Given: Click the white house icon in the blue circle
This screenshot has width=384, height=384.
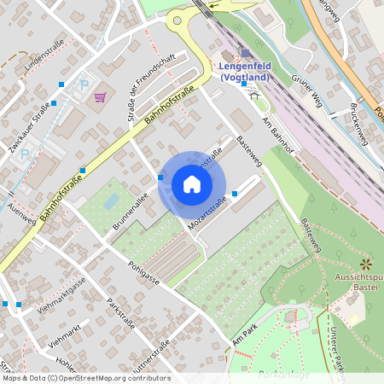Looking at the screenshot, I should pyautogui.click(x=192, y=184).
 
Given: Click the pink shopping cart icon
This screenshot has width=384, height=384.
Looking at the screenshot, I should pyautogui.click(x=100, y=96).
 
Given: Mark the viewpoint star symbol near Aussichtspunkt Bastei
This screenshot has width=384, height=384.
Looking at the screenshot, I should pyautogui.click(x=365, y=264).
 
